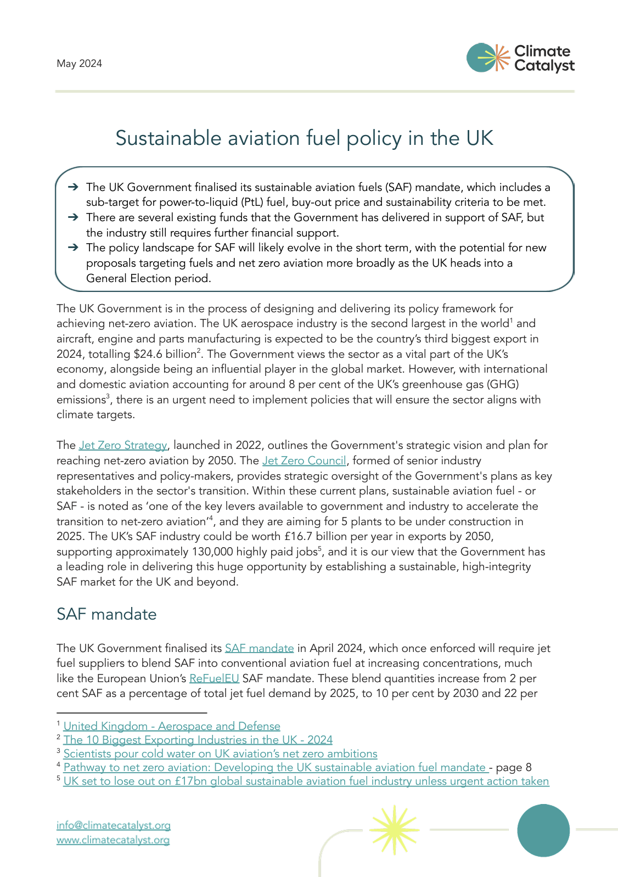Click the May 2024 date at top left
click(x=79, y=64)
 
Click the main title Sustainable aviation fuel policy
click(x=304, y=138)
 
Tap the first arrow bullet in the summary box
click(x=73, y=187)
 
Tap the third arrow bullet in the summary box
click(x=73, y=248)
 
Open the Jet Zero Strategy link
click(x=122, y=445)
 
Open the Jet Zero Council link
click(x=304, y=460)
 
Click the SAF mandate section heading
click(x=106, y=614)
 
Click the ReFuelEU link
click(x=214, y=678)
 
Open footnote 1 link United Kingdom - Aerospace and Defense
click(x=172, y=727)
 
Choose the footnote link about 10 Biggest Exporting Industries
click(x=198, y=740)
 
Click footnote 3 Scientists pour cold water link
click(x=220, y=754)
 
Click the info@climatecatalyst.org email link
click(x=113, y=825)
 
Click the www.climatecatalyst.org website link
click(x=113, y=840)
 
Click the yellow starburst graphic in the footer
click(x=394, y=829)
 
